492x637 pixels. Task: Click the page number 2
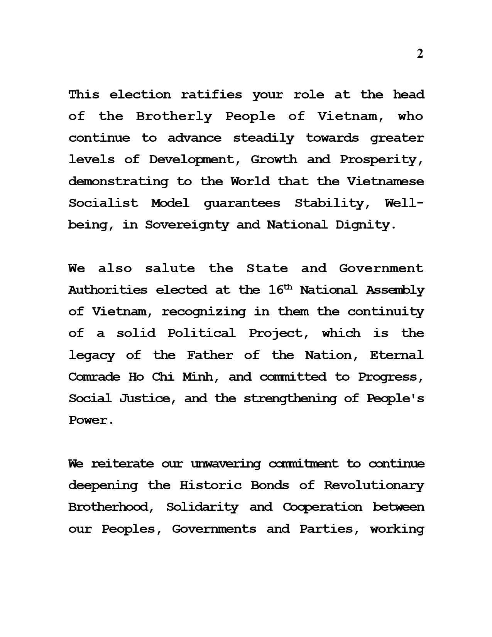point(420,54)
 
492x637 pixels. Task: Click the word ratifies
point(211,95)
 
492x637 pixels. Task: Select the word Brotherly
point(174,117)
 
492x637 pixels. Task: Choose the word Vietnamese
point(385,181)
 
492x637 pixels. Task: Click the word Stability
point(329,203)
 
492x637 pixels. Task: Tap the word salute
point(170,268)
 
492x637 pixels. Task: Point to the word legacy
point(91,355)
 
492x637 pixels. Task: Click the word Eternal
point(397,355)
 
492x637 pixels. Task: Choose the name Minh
point(198,377)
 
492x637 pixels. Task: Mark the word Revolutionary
point(374,485)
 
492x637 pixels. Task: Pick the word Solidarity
point(202,507)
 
